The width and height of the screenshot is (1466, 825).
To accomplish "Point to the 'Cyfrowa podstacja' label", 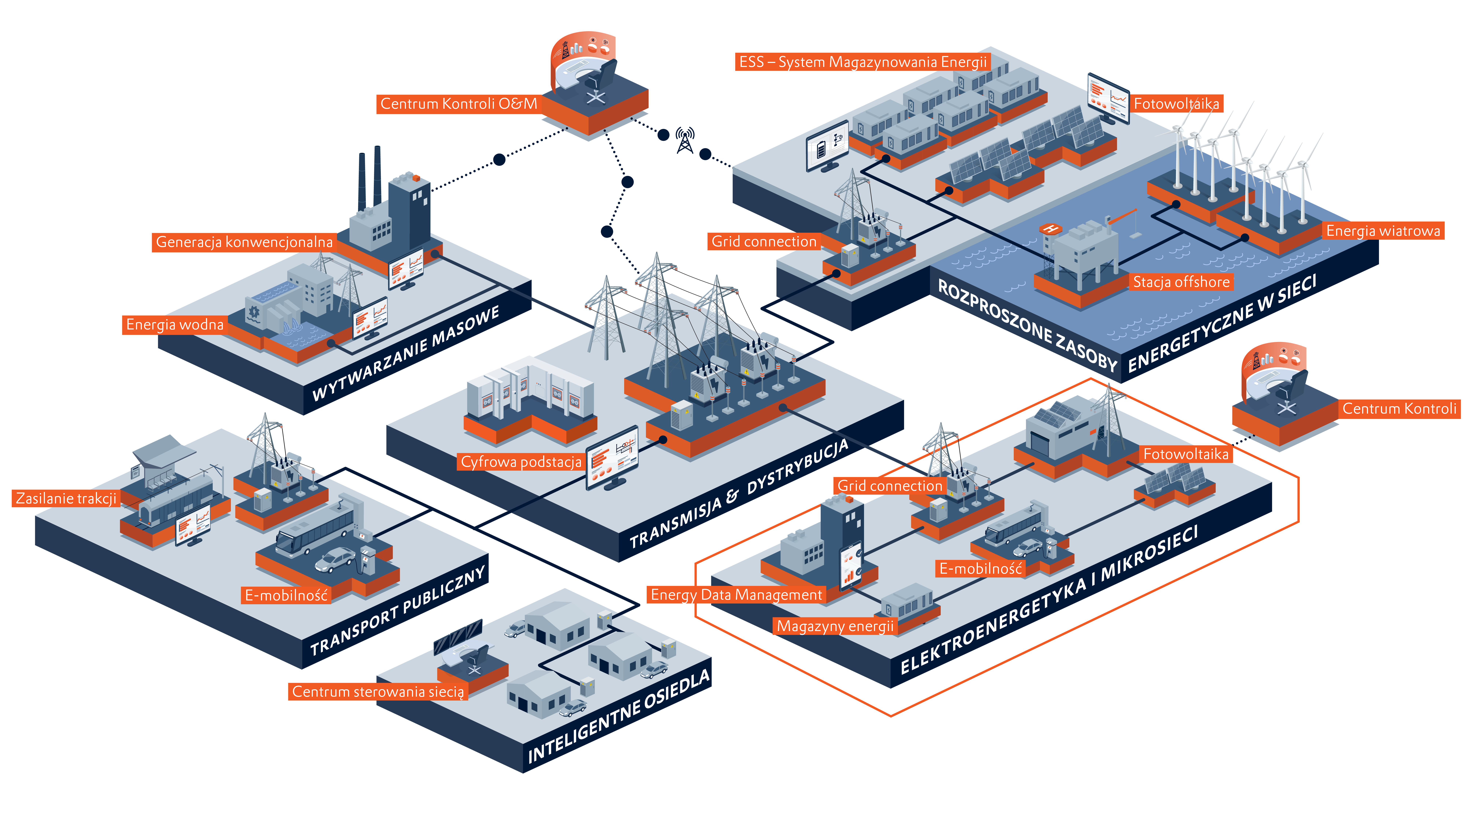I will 521,462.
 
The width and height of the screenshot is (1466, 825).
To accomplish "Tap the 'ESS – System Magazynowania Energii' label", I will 862,62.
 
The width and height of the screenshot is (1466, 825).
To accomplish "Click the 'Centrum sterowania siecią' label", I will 378,692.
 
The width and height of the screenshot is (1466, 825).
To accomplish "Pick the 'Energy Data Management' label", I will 736,595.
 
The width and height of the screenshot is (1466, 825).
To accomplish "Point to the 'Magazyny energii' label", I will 835,626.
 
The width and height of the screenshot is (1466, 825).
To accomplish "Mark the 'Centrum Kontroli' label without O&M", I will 1399,409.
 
